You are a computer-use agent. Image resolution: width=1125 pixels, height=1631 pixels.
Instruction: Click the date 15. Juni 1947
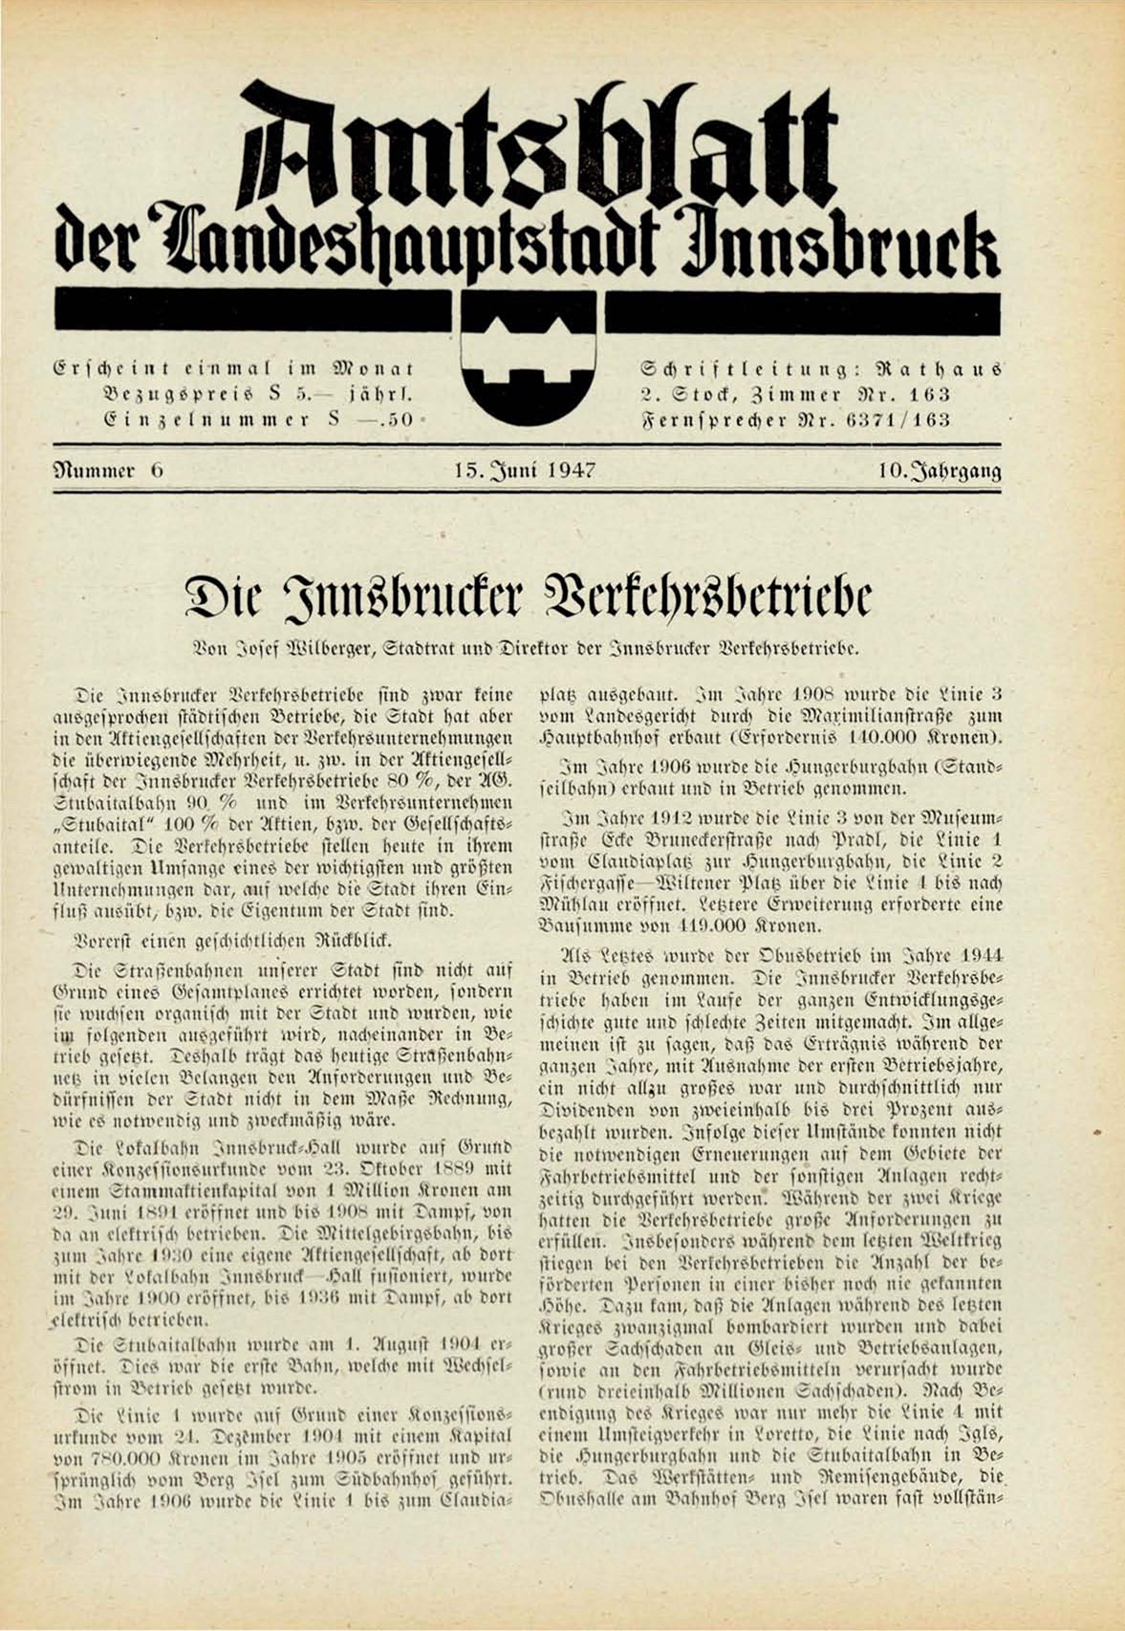tap(526, 470)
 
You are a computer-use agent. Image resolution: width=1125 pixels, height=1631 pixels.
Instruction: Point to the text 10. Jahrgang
tap(941, 470)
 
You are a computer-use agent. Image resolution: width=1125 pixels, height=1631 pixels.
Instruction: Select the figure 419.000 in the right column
tap(689, 926)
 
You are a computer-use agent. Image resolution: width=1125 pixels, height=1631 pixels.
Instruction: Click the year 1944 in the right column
tap(978, 954)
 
